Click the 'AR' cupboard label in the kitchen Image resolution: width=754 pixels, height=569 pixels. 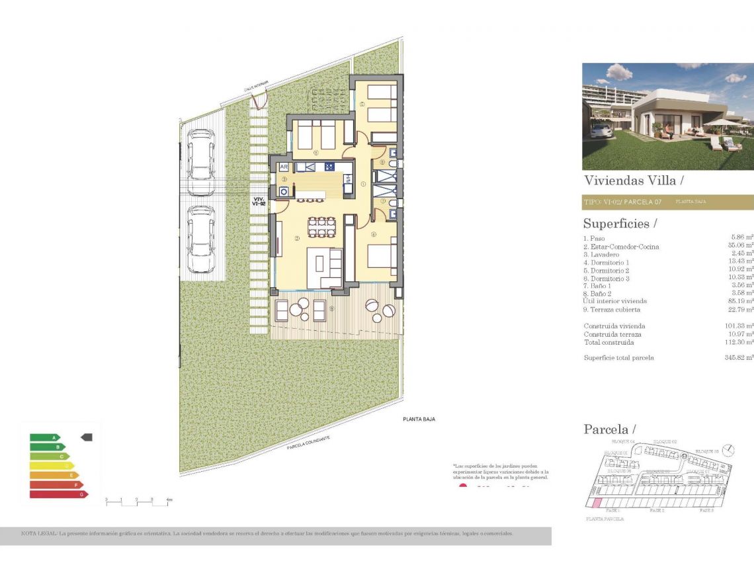click(x=284, y=167)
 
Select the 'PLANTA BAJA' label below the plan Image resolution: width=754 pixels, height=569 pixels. click(x=419, y=419)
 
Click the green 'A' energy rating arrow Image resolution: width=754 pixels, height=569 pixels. click(x=45, y=437)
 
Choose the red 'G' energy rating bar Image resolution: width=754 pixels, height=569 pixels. click(x=59, y=494)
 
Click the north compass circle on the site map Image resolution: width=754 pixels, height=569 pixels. click(x=728, y=450)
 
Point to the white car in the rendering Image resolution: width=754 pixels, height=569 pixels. click(x=601, y=130)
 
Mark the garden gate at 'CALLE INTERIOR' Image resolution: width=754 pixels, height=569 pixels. click(x=257, y=99)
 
